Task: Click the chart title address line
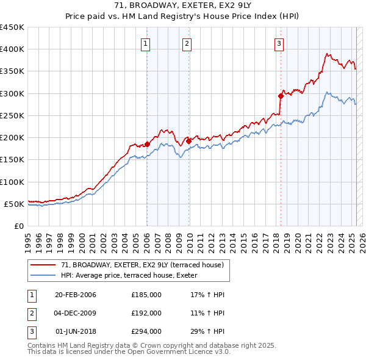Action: (x=183, y=5)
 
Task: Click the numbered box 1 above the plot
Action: (x=147, y=43)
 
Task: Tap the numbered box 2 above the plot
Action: (x=186, y=43)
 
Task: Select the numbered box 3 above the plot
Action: (x=278, y=43)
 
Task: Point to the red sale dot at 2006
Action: (x=147, y=144)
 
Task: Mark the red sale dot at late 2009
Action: (x=188, y=141)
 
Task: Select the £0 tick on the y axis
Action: (x=19, y=226)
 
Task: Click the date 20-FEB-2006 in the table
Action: (x=76, y=295)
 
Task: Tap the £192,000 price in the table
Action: (x=146, y=313)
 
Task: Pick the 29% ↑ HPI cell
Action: (x=204, y=331)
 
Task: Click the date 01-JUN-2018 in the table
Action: (x=76, y=331)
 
